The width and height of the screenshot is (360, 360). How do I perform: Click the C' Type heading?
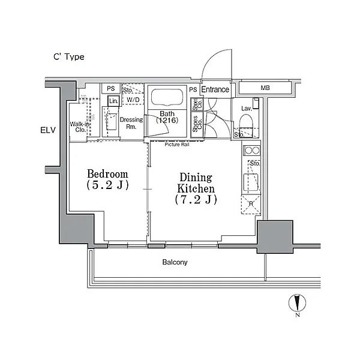point(67,57)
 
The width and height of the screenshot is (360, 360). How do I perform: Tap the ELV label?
point(49,130)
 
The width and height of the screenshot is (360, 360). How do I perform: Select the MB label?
point(265,89)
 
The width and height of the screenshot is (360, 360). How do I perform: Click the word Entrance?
point(215,90)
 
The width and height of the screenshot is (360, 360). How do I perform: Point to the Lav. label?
point(246,108)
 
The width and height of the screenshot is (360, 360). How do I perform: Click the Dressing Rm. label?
point(131,123)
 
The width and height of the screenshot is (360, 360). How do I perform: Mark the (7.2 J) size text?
point(196,199)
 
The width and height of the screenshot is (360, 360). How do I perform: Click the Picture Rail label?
point(178,145)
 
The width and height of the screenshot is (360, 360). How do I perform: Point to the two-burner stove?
point(251,151)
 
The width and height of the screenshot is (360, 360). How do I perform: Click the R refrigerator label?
point(251,204)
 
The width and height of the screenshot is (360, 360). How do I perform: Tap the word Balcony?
point(175,262)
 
